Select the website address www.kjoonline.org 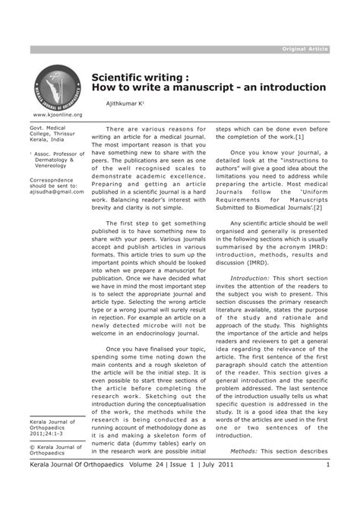coord(57,115)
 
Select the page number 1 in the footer coord(327,464)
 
